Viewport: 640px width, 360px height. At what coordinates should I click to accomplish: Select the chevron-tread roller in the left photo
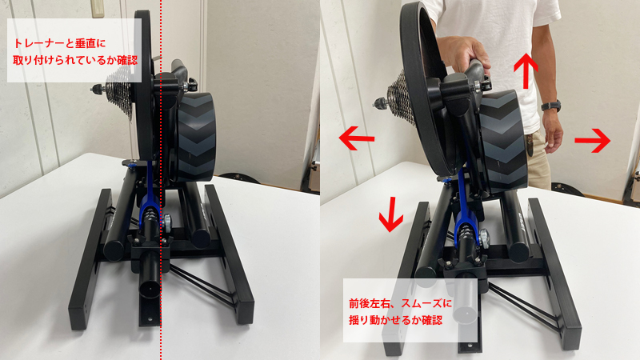pos(196,136)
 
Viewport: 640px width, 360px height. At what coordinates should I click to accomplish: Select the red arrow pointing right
pos(593,142)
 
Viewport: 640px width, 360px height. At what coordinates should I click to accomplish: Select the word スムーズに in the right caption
pos(427,305)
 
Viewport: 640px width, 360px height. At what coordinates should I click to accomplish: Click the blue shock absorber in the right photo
pos(464,228)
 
